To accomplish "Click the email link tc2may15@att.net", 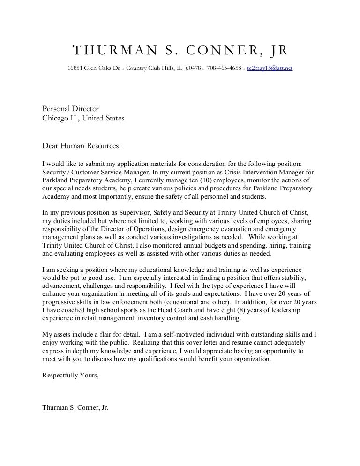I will click(270, 68).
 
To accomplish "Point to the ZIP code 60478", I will click(193, 68).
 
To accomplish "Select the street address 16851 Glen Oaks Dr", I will click(94, 68).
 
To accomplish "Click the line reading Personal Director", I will click(71, 109).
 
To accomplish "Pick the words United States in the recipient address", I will click(103, 118).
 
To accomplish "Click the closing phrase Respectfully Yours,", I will click(70, 375).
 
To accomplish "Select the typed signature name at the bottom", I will click(75, 407).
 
